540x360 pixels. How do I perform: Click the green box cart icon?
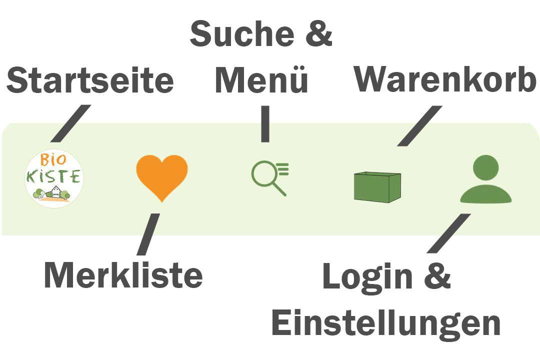tap(377, 186)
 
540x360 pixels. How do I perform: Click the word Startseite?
tap(90, 81)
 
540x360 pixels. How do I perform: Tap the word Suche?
tap(239, 34)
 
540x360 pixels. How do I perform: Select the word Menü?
tap(261, 81)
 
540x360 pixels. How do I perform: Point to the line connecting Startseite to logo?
tap(70, 123)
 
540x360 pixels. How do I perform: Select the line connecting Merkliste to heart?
tap(148, 233)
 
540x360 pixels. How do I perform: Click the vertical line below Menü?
tap(265, 123)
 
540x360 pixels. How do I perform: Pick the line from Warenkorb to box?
tap(419, 126)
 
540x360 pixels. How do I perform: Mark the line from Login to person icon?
tap(448, 233)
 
